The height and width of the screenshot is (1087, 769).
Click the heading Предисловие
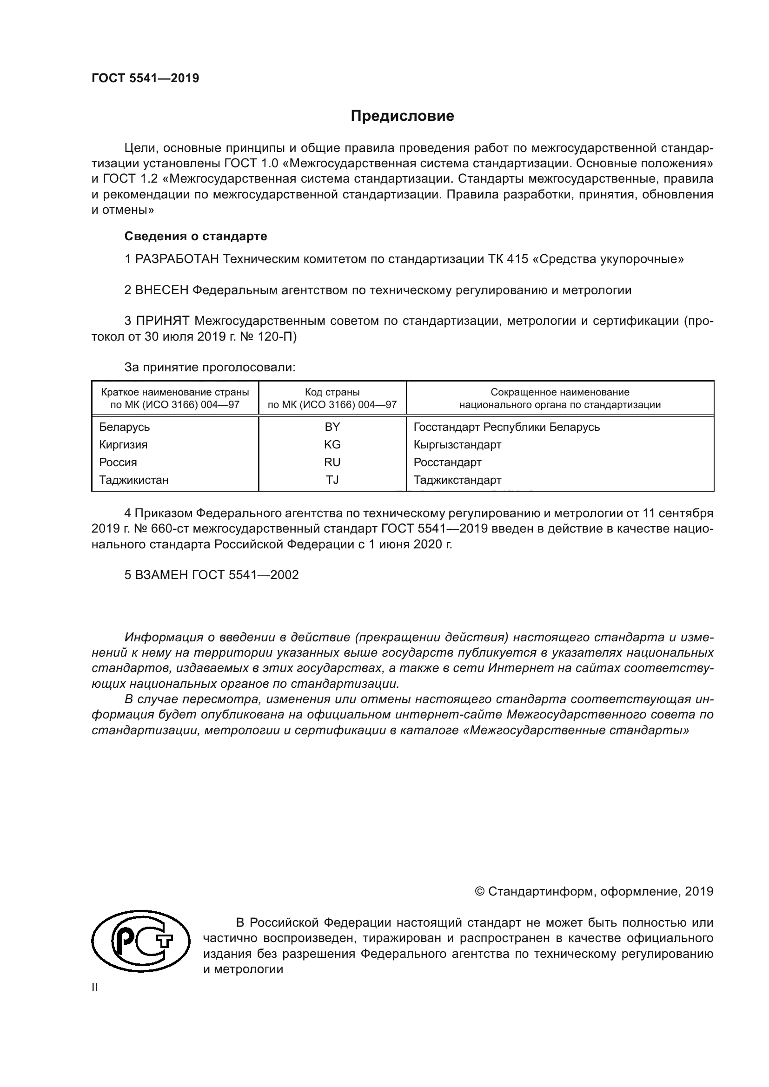click(402, 116)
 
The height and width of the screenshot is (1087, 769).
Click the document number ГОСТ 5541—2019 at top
click(146, 79)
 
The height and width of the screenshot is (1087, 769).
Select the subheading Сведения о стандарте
click(196, 236)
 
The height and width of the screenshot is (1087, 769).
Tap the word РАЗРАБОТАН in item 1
click(177, 259)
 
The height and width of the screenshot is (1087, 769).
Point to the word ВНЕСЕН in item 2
click(161, 290)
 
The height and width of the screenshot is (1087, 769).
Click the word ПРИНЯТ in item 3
click(162, 321)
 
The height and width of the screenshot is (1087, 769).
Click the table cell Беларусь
click(125, 427)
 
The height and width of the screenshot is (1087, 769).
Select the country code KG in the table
click(332, 445)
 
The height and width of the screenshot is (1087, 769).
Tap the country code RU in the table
click(332, 462)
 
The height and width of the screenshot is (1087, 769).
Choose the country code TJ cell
click(332, 480)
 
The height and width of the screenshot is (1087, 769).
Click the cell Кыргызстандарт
click(457, 445)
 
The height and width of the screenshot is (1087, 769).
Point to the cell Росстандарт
click(447, 462)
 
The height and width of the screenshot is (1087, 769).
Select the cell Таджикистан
click(133, 480)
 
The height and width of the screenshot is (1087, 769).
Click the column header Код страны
click(332, 392)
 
